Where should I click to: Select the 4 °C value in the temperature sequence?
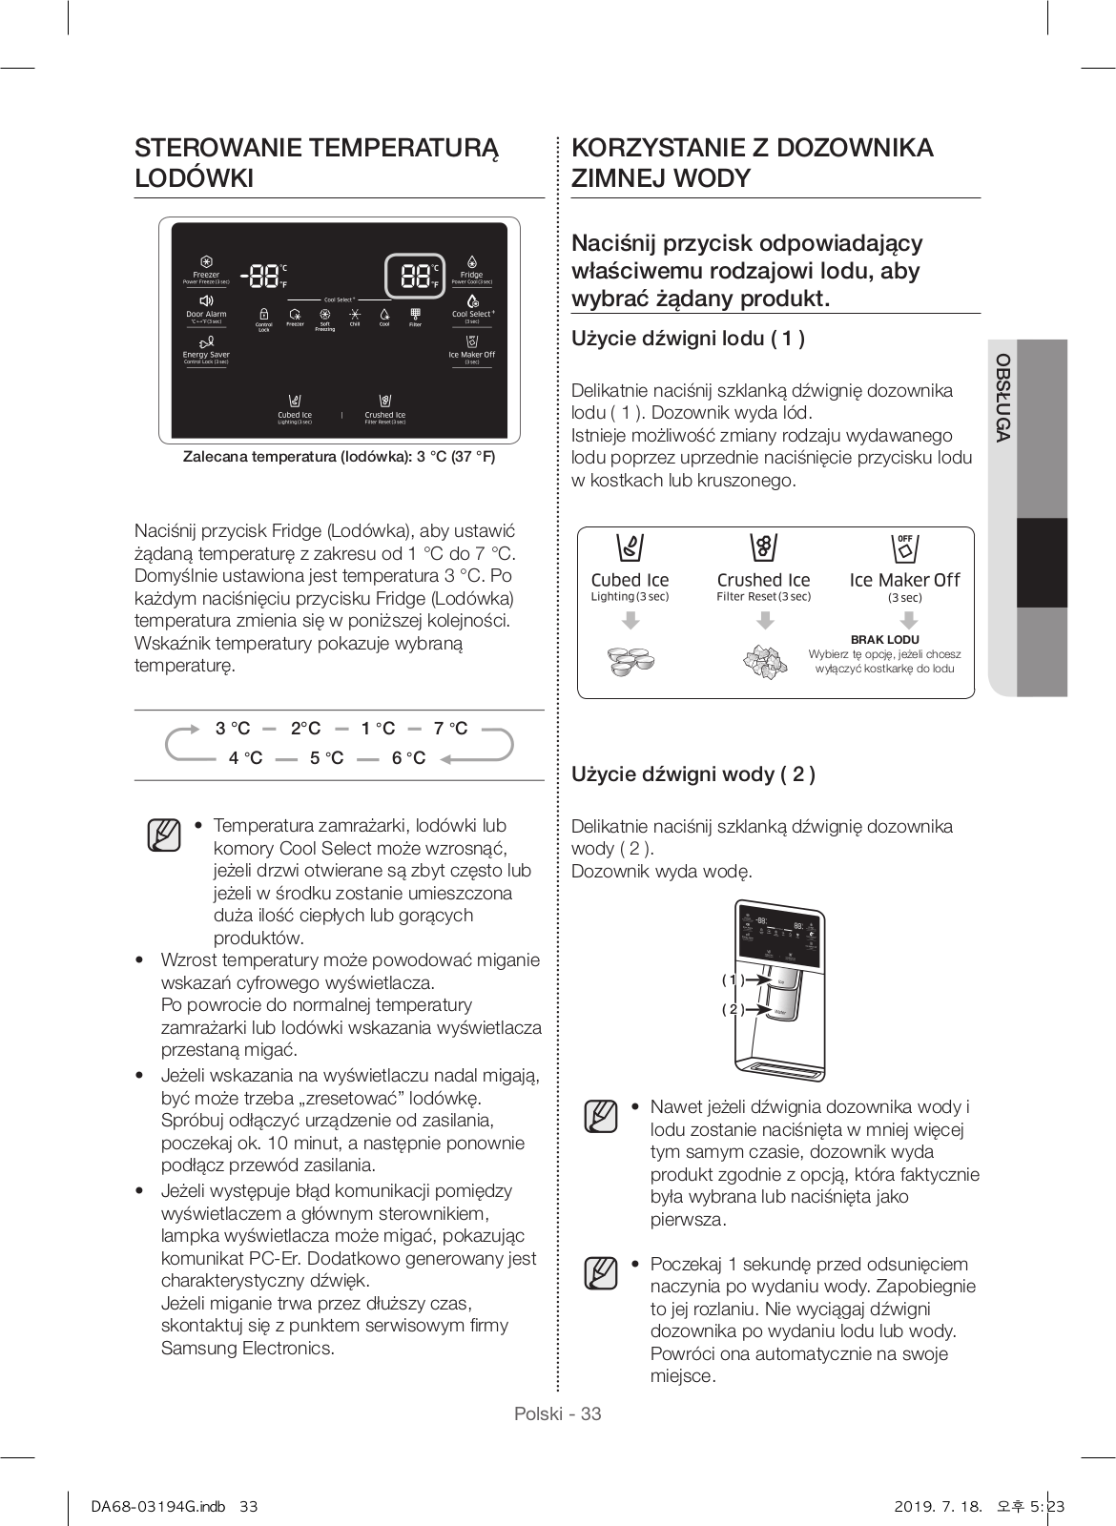click(x=245, y=758)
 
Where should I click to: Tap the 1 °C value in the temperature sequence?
click(x=378, y=729)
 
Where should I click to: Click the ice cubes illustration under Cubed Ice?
click(x=630, y=661)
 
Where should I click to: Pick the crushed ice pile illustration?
click(x=764, y=661)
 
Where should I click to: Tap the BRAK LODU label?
click(x=884, y=639)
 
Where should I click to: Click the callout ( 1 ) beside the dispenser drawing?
click(x=733, y=980)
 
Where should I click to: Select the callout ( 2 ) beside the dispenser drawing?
click(x=733, y=1010)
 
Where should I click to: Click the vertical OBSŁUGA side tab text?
click(x=1002, y=398)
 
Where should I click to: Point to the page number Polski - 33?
click(x=558, y=1413)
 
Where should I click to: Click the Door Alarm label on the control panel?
click(x=206, y=314)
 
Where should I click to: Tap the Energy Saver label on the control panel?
click(x=206, y=355)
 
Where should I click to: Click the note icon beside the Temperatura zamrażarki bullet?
click(x=164, y=835)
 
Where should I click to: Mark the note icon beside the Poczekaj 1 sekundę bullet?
click(x=601, y=1273)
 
